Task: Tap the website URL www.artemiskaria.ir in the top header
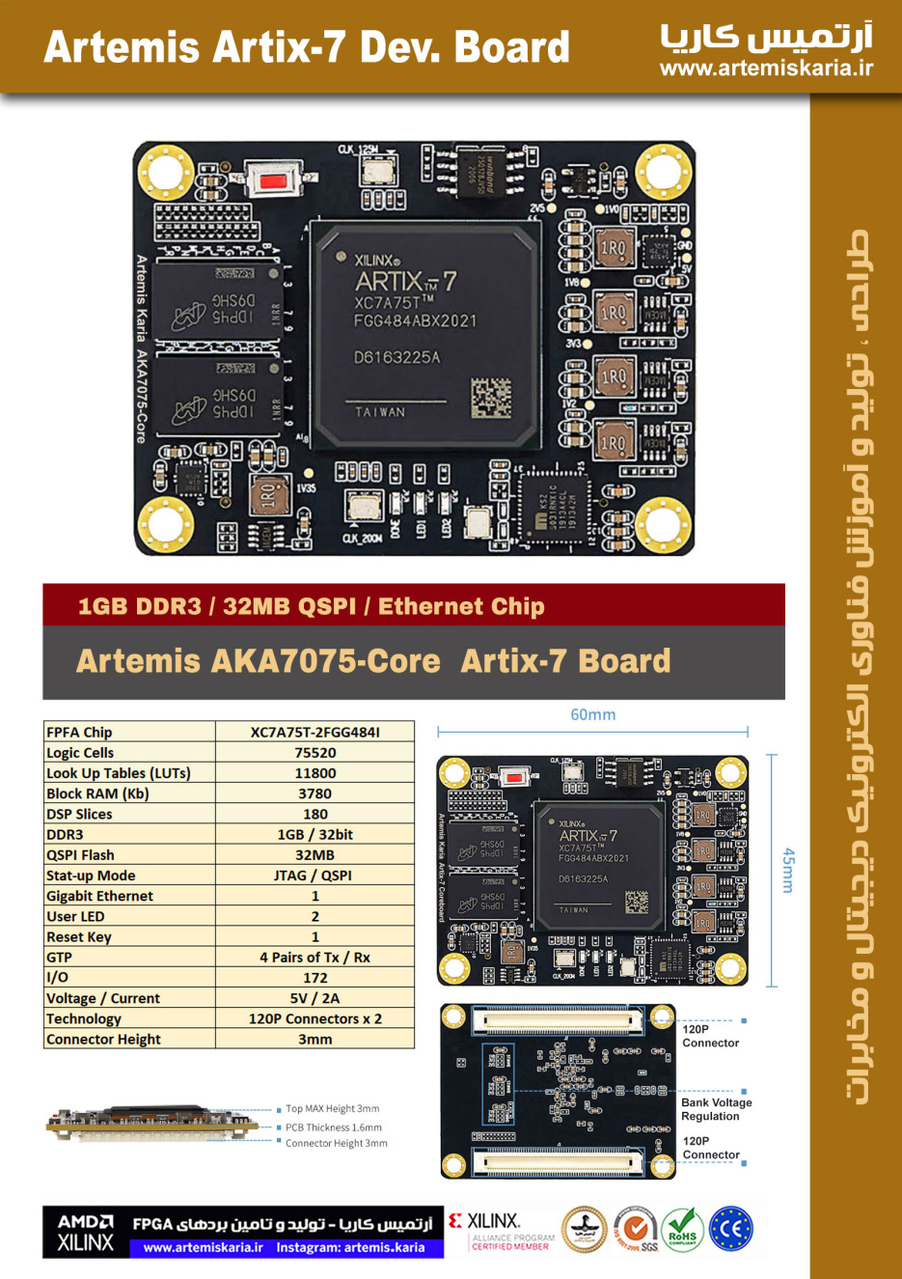[766, 68]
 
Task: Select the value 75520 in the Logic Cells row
[314, 753]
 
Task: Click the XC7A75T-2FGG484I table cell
[314, 732]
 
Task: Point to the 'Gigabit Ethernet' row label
[100, 896]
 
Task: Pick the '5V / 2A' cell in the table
[314, 998]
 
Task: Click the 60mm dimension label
[592, 715]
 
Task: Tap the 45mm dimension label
[788, 871]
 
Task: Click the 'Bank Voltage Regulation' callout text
[716, 1109]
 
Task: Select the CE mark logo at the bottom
[730, 1229]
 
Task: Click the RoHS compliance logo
[682, 1230]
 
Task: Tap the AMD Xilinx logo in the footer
[85, 1233]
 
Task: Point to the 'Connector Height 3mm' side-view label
[336, 1144]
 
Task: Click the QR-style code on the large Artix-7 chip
[491, 398]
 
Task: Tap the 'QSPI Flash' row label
[80, 855]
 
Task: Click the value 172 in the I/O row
[314, 978]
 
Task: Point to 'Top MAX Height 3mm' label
[332, 1109]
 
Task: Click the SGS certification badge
[637, 1230]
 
